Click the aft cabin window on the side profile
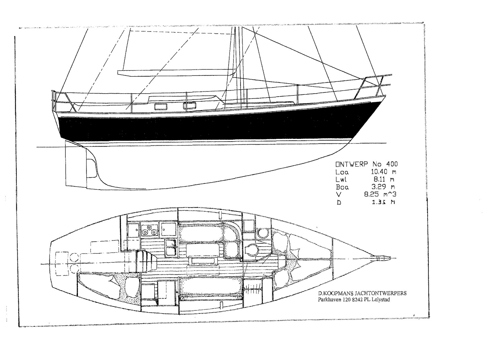pyautogui.click(x=160, y=107)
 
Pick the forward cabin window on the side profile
pyautogui.click(x=189, y=106)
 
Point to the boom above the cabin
pyautogui.click(x=177, y=73)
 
